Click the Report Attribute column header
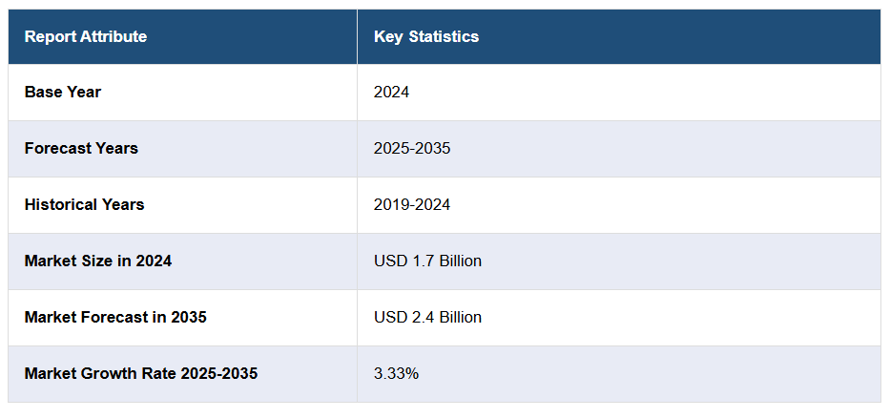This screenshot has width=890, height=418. click(x=86, y=37)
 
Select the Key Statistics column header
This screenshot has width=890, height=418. click(x=426, y=37)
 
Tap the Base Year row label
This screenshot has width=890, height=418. click(x=63, y=93)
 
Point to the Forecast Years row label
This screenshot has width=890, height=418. click(x=81, y=149)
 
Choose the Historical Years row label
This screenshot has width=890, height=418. click(x=85, y=205)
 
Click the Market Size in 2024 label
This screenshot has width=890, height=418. click(x=98, y=261)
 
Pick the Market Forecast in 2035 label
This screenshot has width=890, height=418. click(x=115, y=317)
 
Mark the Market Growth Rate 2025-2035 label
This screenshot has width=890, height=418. click(x=141, y=373)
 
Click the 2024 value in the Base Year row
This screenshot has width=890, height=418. click(x=391, y=93)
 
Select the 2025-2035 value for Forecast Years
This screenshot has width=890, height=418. click(x=412, y=149)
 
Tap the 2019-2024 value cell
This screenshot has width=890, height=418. click(x=412, y=205)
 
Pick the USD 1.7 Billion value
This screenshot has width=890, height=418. click(x=427, y=261)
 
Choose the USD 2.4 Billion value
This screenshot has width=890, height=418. click(x=427, y=317)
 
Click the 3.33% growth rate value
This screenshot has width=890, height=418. click(x=396, y=373)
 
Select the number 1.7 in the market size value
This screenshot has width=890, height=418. click(x=422, y=261)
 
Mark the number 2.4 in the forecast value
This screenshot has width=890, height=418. click(x=422, y=317)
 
